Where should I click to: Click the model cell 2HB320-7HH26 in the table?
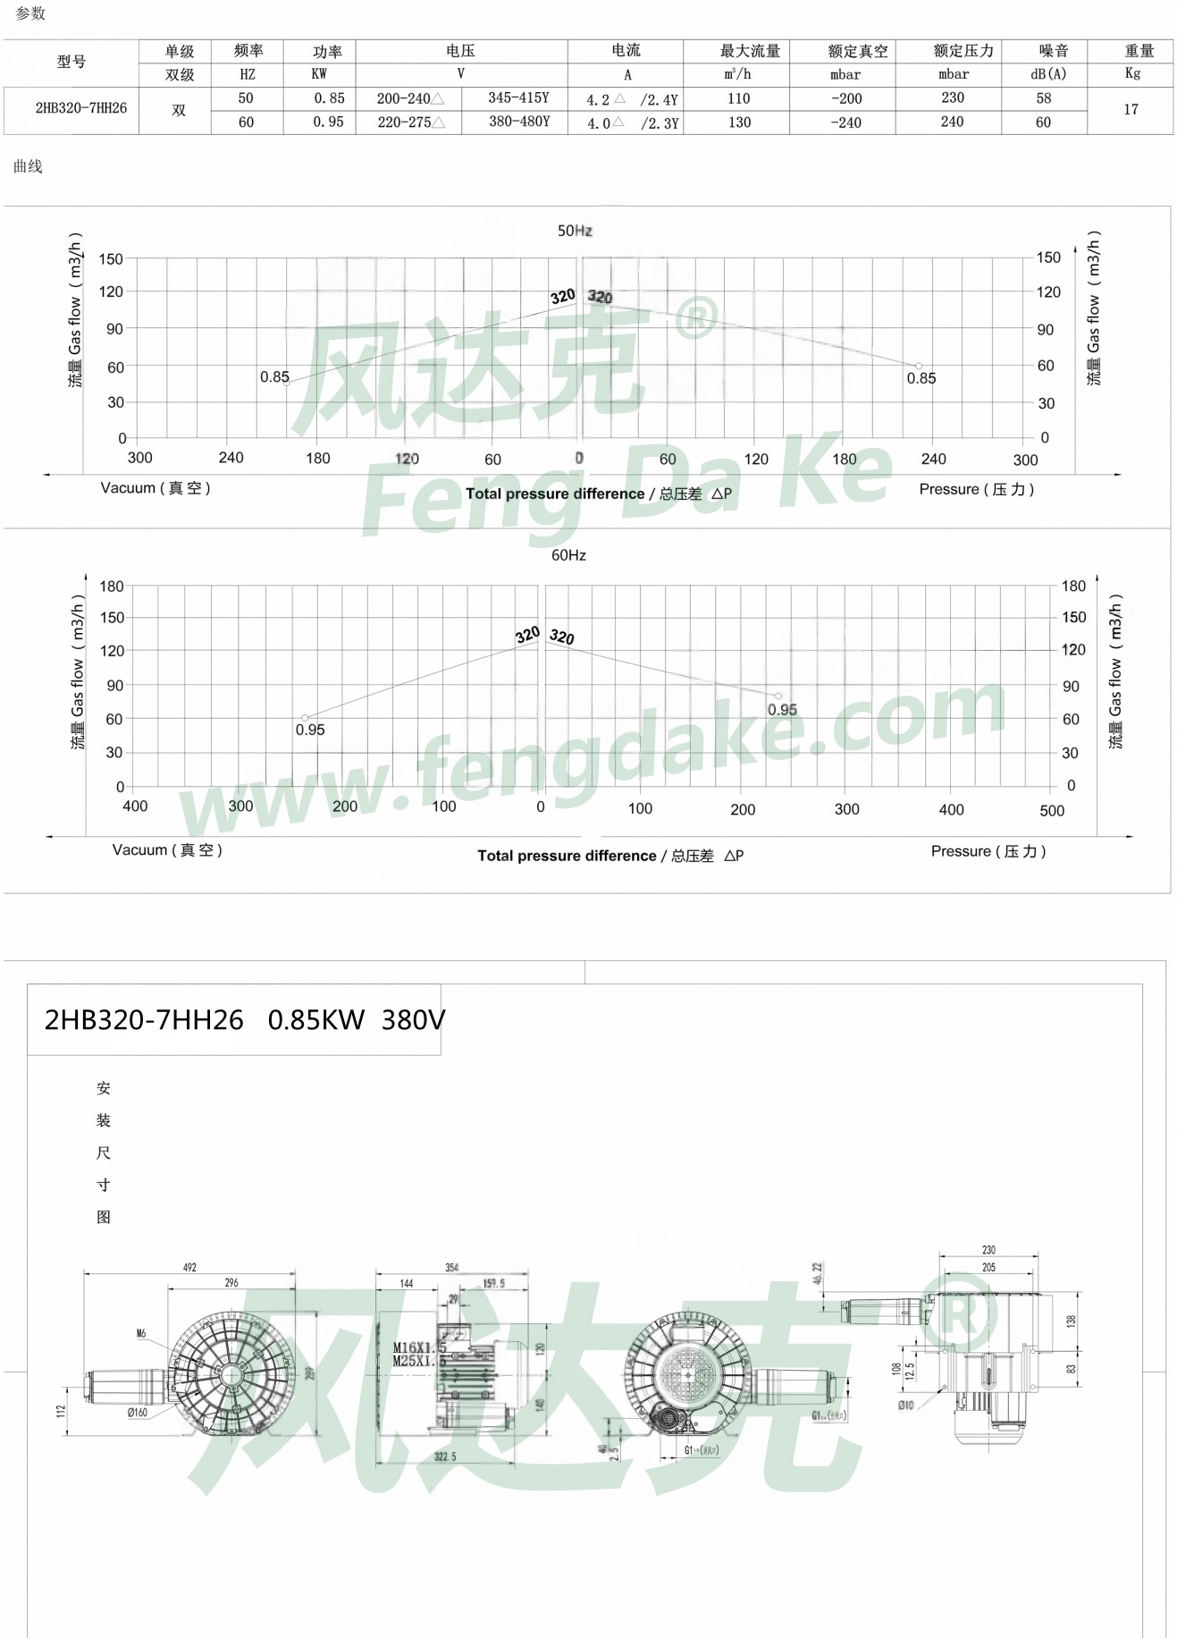point(81,108)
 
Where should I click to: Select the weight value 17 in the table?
point(1131,109)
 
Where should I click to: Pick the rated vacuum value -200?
point(845,98)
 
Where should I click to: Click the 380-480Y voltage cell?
point(518,122)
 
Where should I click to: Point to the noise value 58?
point(1043,98)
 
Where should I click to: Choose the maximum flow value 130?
point(739,122)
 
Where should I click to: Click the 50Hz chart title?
point(575,231)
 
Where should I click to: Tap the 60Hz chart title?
point(568,555)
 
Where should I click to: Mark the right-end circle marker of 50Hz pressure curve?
point(918,366)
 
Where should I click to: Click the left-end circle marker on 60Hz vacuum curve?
point(305,718)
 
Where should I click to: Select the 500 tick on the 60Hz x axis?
point(1052,811)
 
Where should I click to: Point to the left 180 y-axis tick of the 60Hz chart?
point(112,587)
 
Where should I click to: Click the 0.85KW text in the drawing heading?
point(316,1020)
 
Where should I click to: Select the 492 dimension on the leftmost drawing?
point(189,1267)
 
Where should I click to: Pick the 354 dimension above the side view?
point(451,1267)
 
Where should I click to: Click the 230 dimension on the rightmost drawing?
point(988,1250)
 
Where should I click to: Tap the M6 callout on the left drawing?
point(141,1334)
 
